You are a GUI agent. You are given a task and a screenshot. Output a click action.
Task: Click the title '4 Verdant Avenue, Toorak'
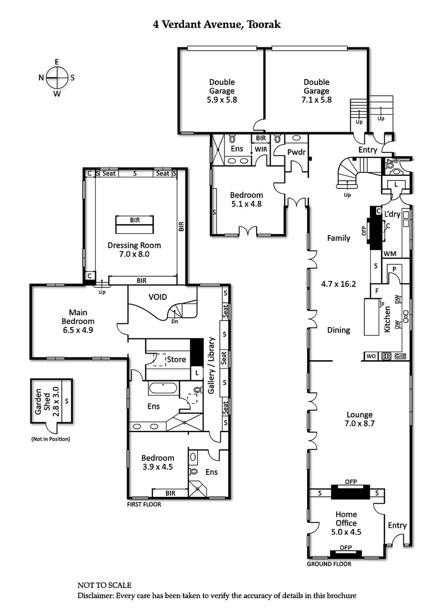point(217,24)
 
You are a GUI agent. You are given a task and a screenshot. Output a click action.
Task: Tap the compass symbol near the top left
point(57,78)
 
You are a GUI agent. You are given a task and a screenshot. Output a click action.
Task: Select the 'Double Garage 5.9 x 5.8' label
point(222,91)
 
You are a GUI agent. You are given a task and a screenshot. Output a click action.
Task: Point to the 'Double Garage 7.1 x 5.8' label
point(316,91)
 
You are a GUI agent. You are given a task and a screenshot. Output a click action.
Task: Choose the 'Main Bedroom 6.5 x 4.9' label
point(74,321)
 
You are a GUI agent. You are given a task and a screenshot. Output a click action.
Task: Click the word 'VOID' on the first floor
point(158,297)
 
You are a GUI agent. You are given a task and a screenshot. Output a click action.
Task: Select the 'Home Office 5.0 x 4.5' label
point(346,523)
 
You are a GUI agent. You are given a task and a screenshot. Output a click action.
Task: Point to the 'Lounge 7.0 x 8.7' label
point(358,419)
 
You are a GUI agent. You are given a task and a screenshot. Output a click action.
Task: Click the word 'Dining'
point(338,330)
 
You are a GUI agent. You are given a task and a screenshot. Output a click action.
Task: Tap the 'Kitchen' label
point(388,319)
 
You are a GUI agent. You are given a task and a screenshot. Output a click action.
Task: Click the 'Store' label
point(176,360)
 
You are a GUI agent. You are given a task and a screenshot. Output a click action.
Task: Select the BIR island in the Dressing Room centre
point(134,223)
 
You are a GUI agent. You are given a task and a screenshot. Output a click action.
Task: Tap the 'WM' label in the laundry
point(389,254)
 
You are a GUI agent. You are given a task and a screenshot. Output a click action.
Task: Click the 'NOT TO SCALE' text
point(104,586)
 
